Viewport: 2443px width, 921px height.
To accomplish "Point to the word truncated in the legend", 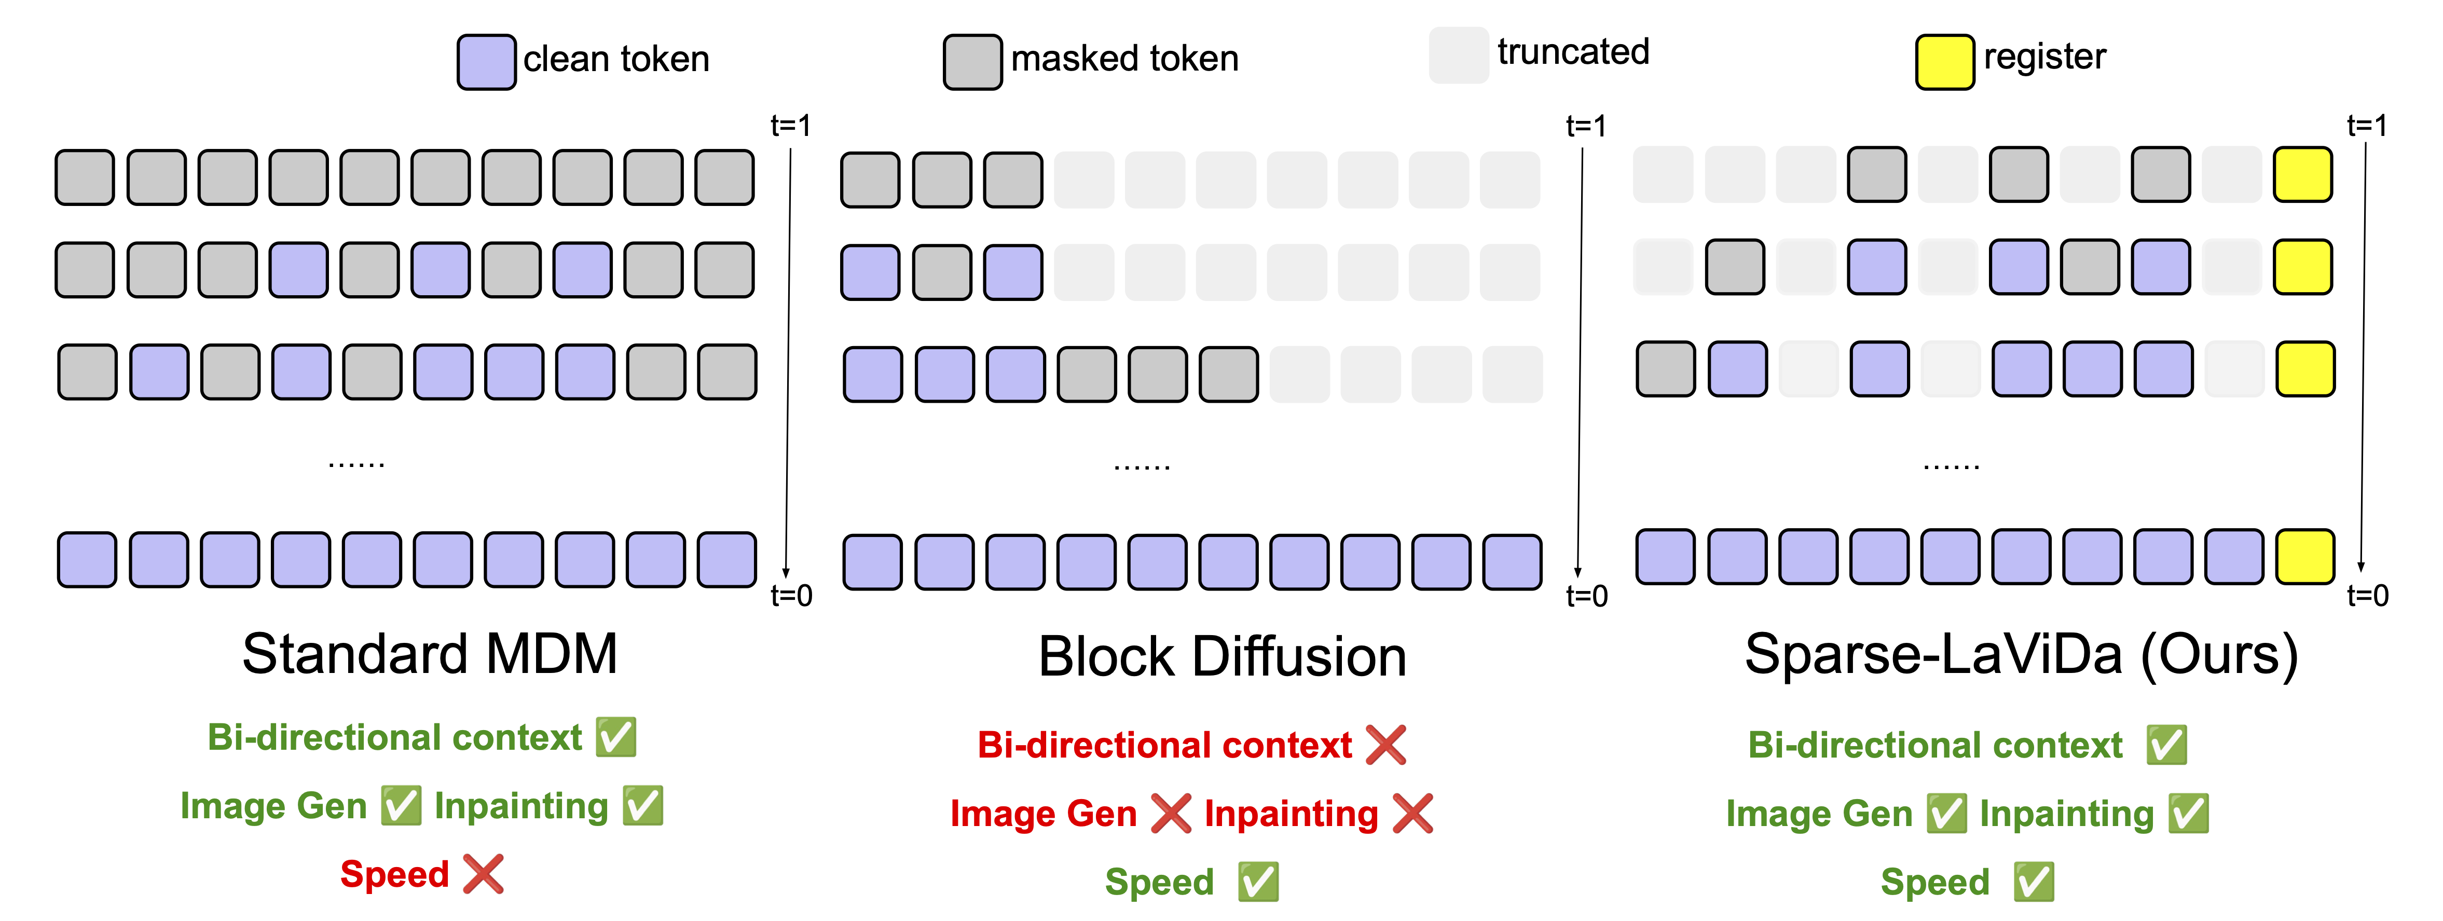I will pyautogui.click(x=1572, y=52).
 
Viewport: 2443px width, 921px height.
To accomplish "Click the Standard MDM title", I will pyautogui.click(x=430, y=654).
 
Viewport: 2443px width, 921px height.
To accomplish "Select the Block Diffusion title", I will pyautogui.click(x=1221, y=656).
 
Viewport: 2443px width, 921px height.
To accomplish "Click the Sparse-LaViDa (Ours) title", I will pyautogui.click(x=2021, y=654).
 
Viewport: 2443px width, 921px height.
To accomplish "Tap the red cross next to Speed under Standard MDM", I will pyautogui.click(x=484, y=874).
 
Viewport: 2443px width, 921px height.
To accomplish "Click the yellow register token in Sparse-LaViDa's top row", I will pyautogui.click(x=2303, y=174).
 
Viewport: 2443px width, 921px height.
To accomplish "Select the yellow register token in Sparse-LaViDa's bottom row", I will pyautogui.click(x=2304, y=557).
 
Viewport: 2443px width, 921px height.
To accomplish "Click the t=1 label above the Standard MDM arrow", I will pyautogui.click(x=790, y=125).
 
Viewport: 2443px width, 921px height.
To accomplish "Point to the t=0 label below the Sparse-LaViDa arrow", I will pyautogui.click(x=2367, y=596).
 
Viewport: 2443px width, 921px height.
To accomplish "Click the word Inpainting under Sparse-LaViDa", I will pyautogui.click(x=2066, y=814).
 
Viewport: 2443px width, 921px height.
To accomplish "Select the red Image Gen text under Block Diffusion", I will pyautogui.click(x=1042, y=814).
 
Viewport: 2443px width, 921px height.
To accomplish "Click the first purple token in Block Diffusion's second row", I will pyautogui.click(x=870, y=273).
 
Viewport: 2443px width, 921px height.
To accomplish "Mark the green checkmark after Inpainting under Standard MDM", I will pyautogui.click(x=643, y=806).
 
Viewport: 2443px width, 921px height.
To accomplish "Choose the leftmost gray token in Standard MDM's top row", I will pyautogui.click(x=85, y=177).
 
